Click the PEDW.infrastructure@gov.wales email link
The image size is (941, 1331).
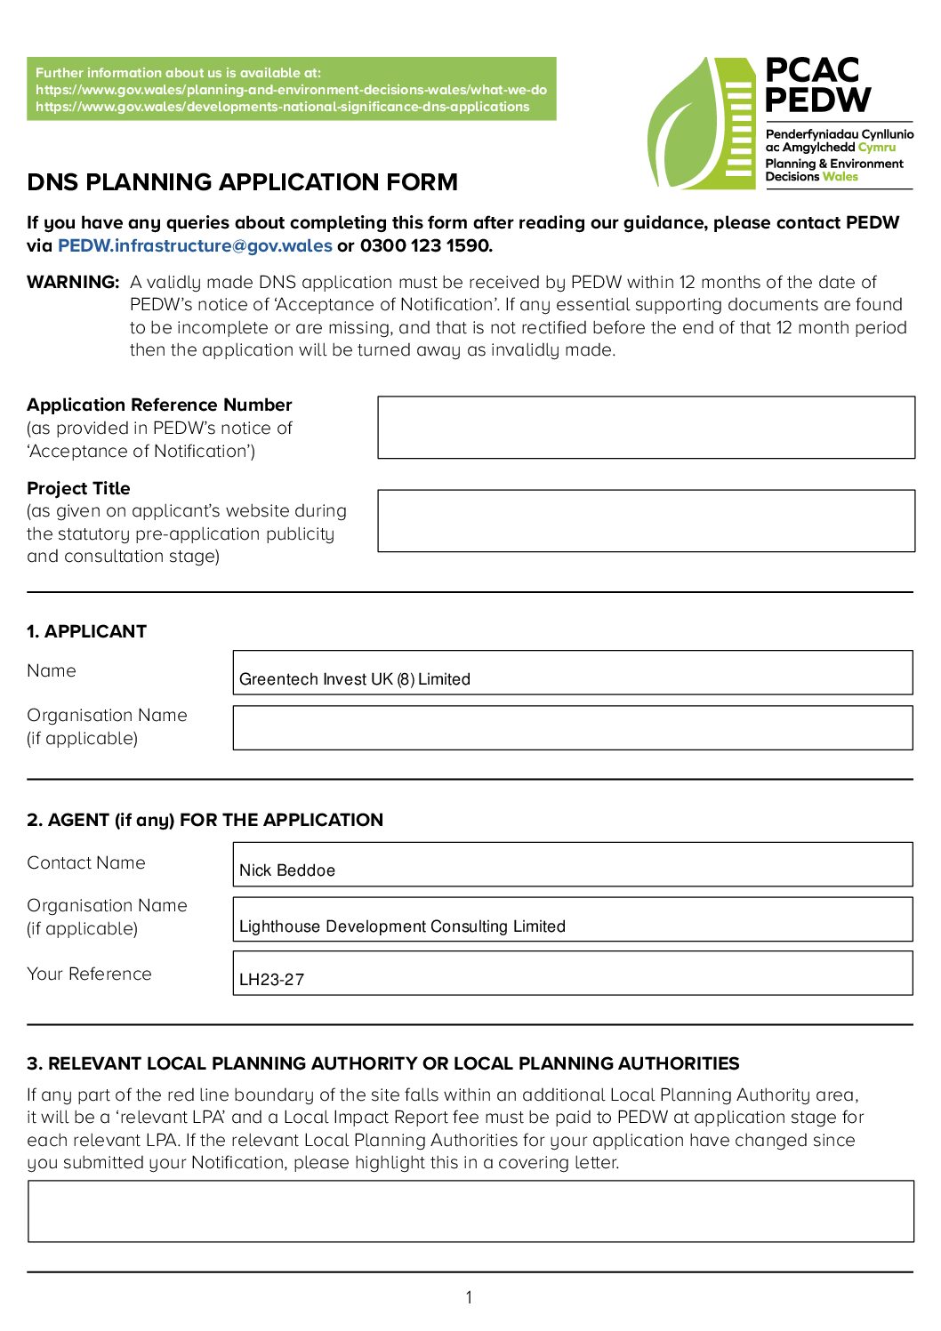[x=195, y=246]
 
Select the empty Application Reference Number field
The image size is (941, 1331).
[x=646, y=428]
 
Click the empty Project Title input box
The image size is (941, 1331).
[x=646, y=521]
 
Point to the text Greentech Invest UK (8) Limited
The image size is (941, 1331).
[x=354, y=679]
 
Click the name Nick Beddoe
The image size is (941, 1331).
[x=286, y=870]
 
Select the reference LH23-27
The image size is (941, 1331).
[x=271, y=980]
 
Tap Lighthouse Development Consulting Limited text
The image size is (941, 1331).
[x=402, y=926]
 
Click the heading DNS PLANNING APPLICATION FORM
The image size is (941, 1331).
[x=242, y=182]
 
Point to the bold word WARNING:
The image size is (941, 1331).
[x=73, y=283]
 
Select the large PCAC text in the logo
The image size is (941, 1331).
[x=811, y=70]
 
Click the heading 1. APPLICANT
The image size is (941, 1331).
[x=86, y=632]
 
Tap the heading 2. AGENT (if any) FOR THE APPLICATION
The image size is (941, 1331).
[x=205, y=821]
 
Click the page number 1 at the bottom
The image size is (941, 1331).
[x=469, y=1298]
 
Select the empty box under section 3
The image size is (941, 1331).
[x=471, y=1211]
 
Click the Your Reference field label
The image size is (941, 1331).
[x=89, y=974]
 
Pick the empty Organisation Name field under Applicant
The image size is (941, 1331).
[x=572, y=728]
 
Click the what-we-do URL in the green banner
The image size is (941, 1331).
[x=291, y=90]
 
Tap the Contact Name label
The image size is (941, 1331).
[x=85, y=863]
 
